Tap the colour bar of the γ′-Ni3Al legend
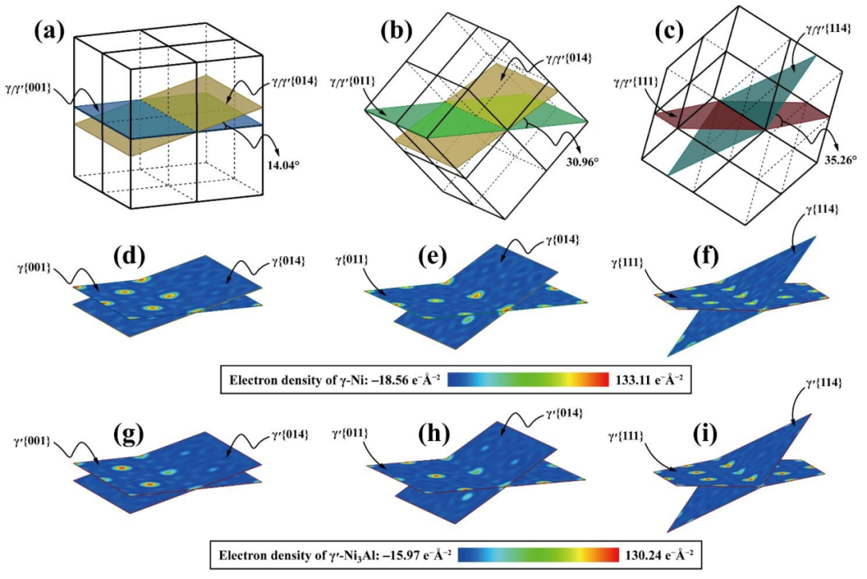click(x=546, y=555)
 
